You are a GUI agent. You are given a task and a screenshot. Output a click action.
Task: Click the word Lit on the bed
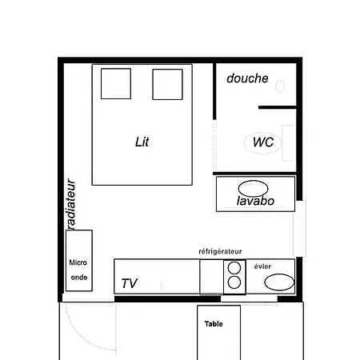(142, 142)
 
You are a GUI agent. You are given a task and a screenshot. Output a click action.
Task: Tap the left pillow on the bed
(116, 84)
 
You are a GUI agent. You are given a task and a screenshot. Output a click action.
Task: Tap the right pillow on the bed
(167, 84)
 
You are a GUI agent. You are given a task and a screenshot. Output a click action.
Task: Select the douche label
(247, 78)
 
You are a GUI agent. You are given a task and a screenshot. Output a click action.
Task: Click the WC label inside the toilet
(263, 142)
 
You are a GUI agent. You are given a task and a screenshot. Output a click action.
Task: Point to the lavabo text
(255, 201)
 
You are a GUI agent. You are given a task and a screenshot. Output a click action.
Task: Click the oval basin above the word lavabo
(253, 188)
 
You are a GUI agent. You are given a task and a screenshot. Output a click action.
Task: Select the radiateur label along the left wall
(71, 205)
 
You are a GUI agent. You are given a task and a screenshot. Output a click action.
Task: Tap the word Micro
(78, 262)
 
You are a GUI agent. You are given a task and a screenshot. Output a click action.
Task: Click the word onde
(79, 278)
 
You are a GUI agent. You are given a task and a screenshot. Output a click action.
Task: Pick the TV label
(130, 283)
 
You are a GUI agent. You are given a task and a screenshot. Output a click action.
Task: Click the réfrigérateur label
(220, 251)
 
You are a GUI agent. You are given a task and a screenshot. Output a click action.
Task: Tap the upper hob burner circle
(234, 268)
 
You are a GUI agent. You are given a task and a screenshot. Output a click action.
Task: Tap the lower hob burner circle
(234, 282)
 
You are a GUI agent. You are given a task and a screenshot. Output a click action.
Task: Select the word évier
(262, 266)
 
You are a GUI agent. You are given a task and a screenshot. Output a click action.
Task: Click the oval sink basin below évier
(279, 282)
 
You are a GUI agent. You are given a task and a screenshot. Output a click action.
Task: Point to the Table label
(214, 324)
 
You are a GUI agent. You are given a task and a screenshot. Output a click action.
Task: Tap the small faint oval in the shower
(280, 86)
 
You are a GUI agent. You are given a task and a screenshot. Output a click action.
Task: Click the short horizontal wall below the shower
(278, 107)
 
